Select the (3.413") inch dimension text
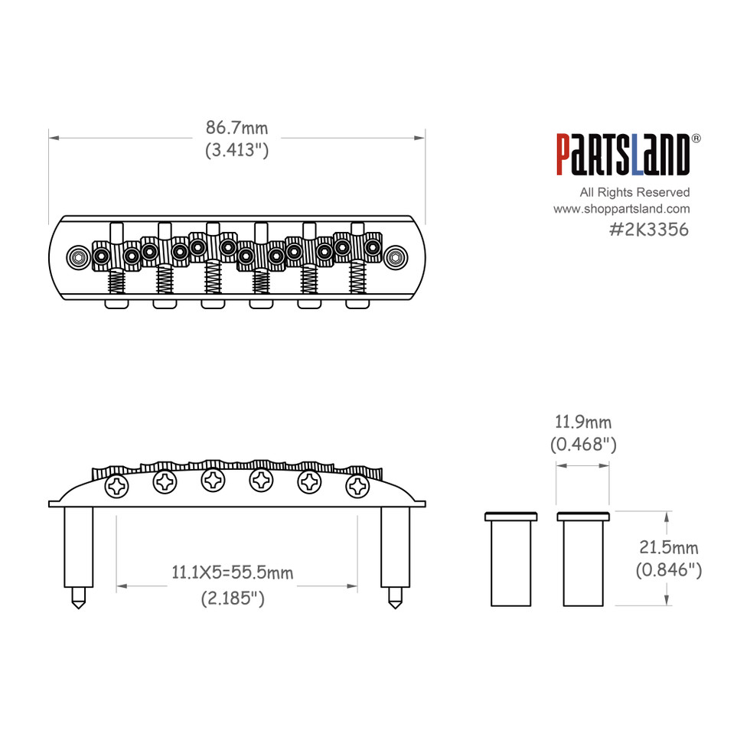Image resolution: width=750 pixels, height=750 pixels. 236,150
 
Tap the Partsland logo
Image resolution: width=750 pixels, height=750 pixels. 624,155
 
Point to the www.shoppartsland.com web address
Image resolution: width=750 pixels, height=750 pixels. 621,209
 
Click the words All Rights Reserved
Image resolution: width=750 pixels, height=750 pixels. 634,192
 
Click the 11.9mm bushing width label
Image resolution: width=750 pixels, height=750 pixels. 583,422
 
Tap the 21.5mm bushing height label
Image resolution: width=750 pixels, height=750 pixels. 668,547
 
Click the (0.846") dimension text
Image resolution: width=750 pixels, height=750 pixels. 668,569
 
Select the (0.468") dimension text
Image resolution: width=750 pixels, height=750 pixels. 583,444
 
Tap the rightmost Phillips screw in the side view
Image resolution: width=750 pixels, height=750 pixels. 357,485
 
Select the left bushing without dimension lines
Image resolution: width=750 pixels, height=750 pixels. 510,559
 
